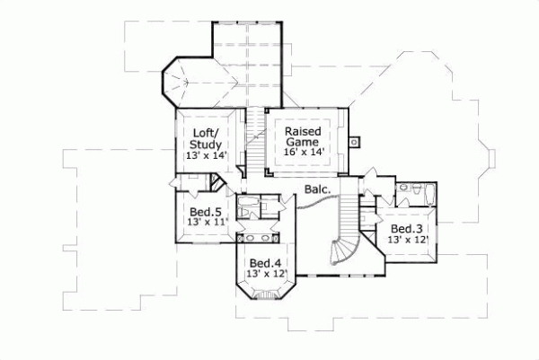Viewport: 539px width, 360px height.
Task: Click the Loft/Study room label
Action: pos(207,138)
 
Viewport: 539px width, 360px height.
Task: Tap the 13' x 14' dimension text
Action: pos(207,156)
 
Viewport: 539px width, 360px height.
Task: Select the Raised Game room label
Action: pos(304,136)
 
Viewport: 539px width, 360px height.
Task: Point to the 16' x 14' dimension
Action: pos(304,154)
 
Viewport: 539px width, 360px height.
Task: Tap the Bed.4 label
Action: pos(267,262)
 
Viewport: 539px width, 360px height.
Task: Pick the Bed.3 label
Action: pos(406,229)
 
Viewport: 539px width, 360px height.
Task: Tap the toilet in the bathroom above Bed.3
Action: pos(404,189)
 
